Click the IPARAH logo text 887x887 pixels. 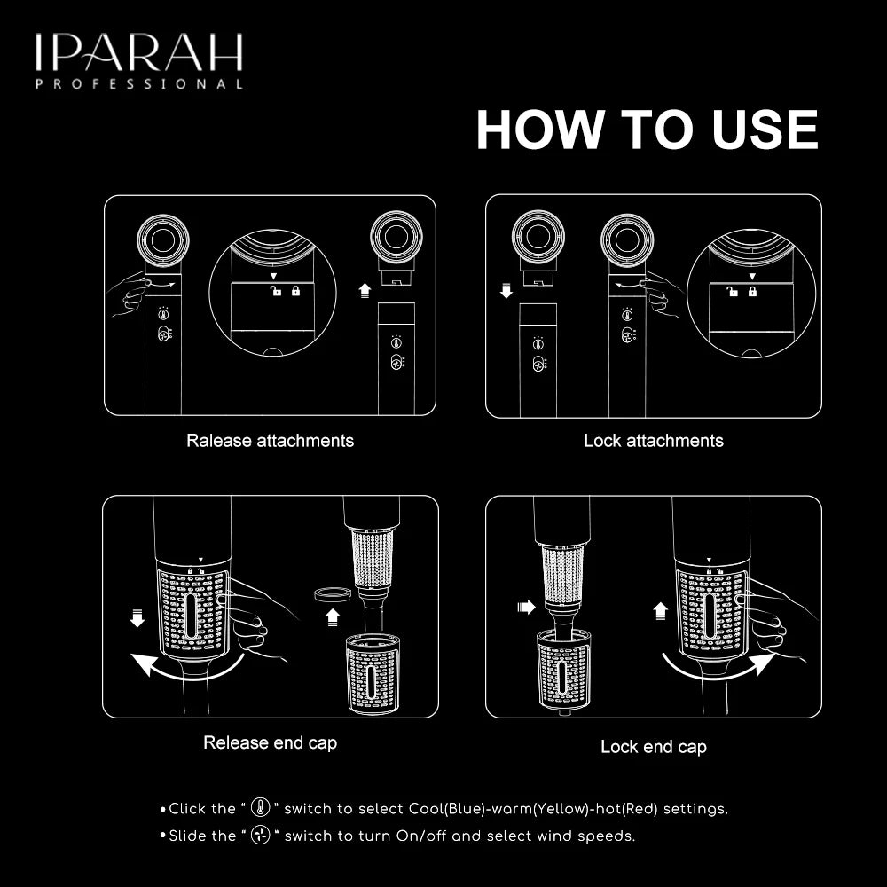tap(139, 52)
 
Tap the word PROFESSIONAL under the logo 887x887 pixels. tap(139, 83)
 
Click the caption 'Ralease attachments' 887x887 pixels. tap(270, 441)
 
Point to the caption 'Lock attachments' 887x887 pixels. tap(654, 441)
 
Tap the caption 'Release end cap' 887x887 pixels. tap(270, 742)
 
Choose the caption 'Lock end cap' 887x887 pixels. tap(654, 747)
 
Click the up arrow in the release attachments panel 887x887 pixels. tap(365, 290)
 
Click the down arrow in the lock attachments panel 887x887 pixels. tap(506, 291)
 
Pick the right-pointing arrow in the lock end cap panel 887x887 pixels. tap(526, 607)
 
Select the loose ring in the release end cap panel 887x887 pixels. tap(333, 594)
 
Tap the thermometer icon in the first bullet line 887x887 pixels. tap(260, 807)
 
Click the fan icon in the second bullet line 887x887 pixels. tap(260, 835)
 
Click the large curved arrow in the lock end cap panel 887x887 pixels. tap(719, 669)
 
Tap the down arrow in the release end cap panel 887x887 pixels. tap(137, 617)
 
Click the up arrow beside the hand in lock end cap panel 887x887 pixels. tap(660, 611)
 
